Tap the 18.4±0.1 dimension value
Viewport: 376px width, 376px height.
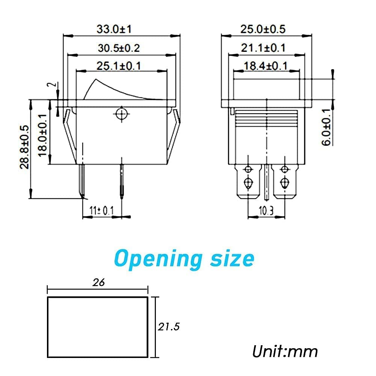point(265,66)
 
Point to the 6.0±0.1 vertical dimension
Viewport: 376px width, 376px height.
point(326,127)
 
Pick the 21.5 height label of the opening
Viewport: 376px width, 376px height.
point(169,327)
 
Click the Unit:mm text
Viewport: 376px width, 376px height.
point(285,351)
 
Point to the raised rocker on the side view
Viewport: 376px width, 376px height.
point(113,91)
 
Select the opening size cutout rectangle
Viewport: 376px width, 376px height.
point(97,327)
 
